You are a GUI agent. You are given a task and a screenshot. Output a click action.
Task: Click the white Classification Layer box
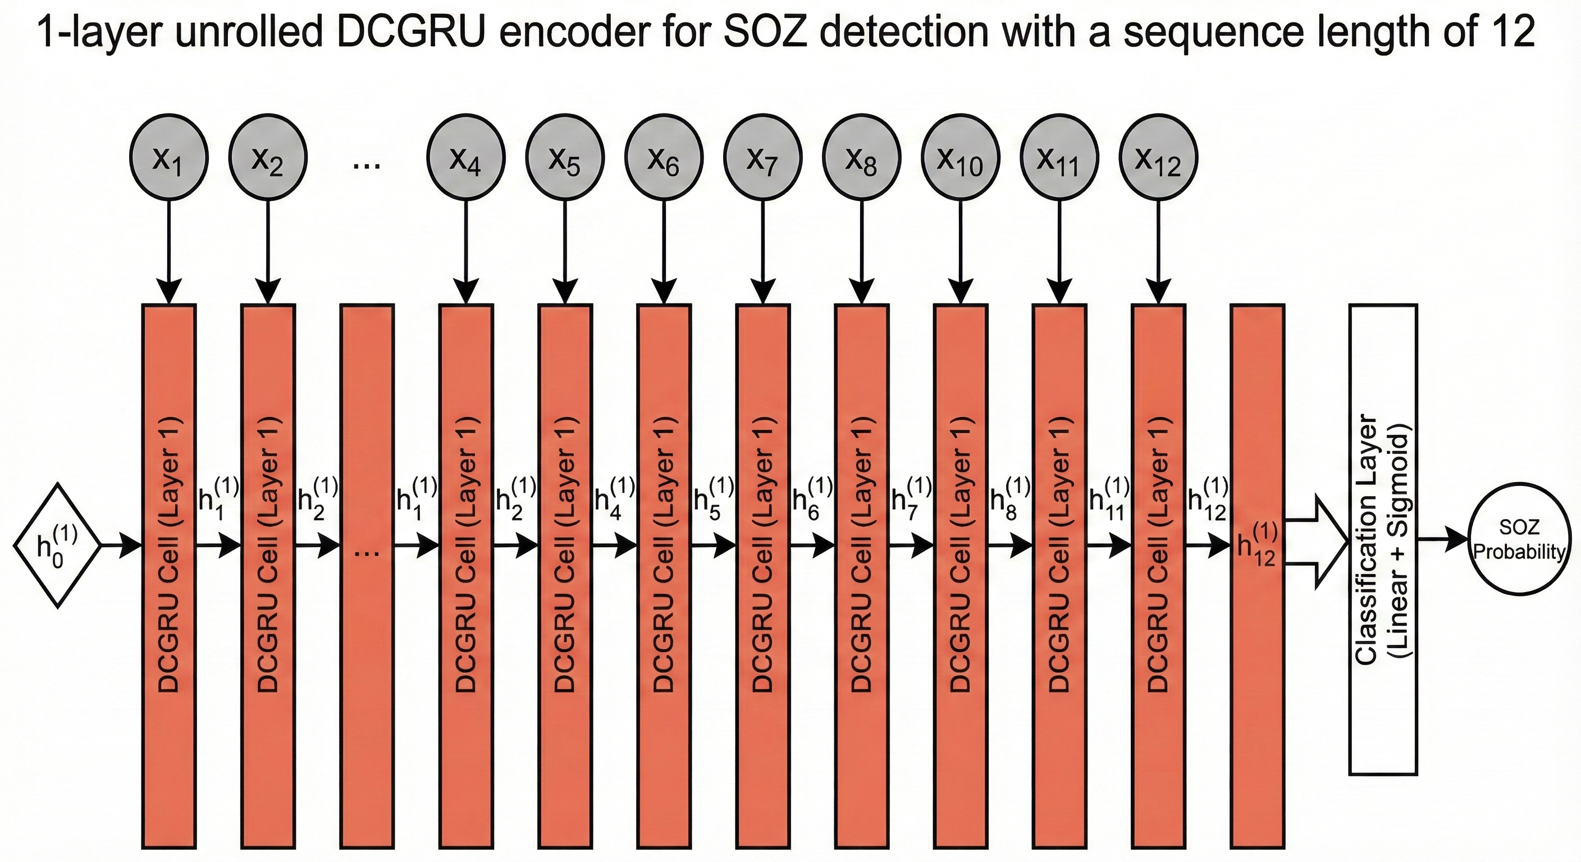pyautogui.click(x=1383, y=539)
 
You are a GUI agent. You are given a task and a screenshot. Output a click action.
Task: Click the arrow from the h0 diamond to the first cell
pyautogui.click(x=120, y=544)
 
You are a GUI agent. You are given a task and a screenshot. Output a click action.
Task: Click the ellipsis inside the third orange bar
pyautogui.click(x=367, y=552)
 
